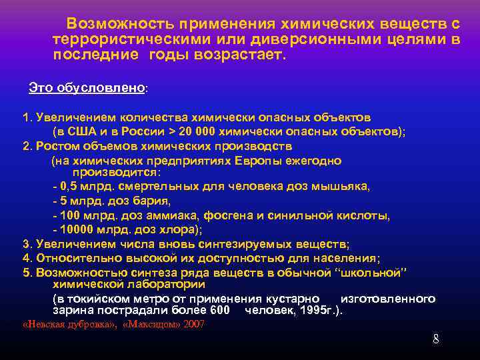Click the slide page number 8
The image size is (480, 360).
(x=435, y=339)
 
